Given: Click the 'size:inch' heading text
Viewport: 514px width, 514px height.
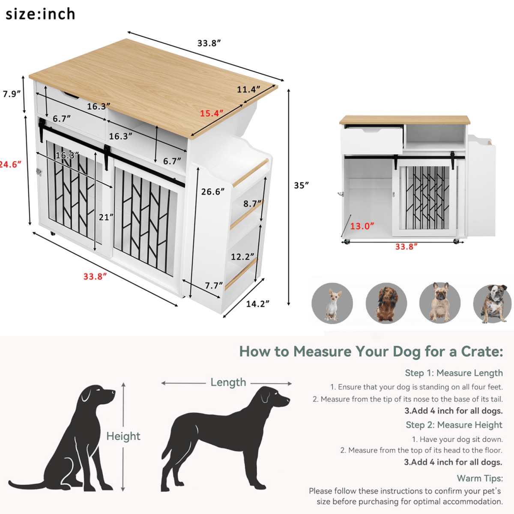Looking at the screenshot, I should point(40,14).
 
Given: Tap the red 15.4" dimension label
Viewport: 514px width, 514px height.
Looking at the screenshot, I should point(212,114).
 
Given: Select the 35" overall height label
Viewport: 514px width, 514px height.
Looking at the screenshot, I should point(301,185).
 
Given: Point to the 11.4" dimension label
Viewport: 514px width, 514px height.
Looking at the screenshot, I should point(248,90).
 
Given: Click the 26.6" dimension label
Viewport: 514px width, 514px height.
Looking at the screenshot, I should point(213,191).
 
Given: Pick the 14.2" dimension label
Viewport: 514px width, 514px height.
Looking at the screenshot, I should point(257,304).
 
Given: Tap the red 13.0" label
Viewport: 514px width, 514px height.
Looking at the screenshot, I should point(362,226).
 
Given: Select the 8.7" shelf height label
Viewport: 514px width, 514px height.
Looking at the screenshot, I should point(252,203).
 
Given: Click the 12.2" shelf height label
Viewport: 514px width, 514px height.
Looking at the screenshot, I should point(242,257).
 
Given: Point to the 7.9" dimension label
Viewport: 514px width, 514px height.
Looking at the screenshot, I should point(12,94).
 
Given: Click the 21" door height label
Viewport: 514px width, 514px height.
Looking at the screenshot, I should point(106,217).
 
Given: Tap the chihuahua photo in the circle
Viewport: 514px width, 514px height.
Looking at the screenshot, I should point(332,303).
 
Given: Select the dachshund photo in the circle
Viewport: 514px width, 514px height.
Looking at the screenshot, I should point(386,303).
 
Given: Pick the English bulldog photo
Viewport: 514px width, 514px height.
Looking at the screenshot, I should point(493,303).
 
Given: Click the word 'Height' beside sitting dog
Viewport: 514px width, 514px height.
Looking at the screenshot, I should point(123,436).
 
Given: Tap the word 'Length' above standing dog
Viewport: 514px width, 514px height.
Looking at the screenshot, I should point(228,382).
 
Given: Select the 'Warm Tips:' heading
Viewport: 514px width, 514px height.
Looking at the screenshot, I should point(480,478).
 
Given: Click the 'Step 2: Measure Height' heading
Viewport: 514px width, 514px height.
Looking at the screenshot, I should point(454,425).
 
